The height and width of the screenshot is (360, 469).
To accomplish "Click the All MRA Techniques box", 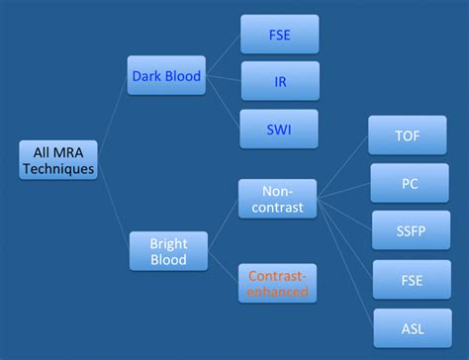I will tap(58, 159).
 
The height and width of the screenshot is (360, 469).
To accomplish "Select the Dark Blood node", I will tap(166, 75).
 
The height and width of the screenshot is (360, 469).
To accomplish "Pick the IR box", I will tap(280, 81).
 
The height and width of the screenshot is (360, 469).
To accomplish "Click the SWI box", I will tap(280, 129).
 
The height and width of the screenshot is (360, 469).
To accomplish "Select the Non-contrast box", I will tap(277, 198).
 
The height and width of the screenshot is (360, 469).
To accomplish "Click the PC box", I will tap(407, 183).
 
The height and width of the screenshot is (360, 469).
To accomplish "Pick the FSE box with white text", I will tap(407, 280).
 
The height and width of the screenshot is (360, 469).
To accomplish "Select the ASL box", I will tap(407, 327).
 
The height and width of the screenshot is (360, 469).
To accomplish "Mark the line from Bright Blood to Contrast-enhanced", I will tap(223, 266).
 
